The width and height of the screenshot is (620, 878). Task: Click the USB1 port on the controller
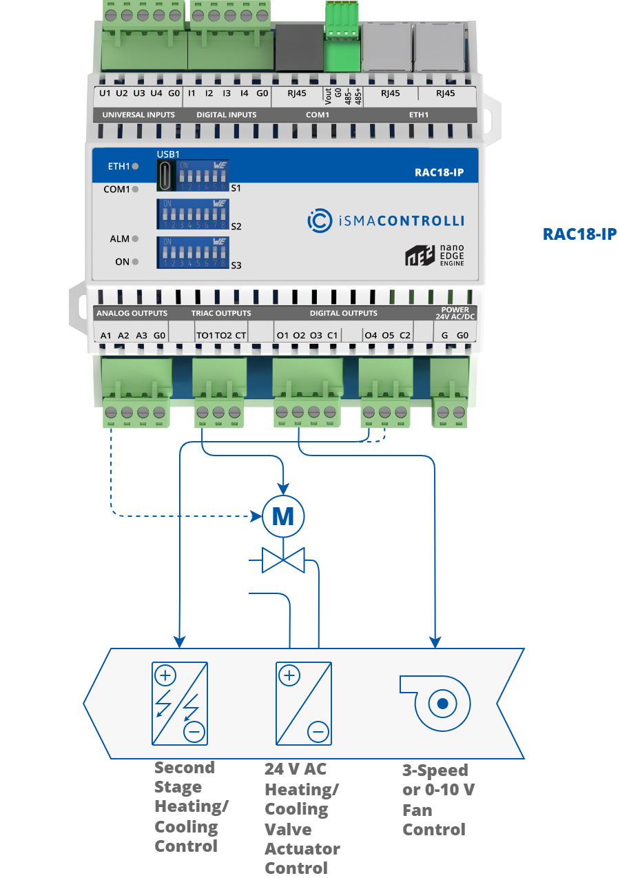coord(166,176)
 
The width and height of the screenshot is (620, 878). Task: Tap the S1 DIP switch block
coord(203,176)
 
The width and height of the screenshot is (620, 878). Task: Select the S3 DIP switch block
coord(193,253)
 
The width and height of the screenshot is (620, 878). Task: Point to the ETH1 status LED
coord(135,167)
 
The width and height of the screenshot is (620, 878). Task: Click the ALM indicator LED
coord(135,239)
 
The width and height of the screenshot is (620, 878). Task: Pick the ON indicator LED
coord(135,262)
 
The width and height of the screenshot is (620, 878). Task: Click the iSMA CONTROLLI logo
coord(385,221)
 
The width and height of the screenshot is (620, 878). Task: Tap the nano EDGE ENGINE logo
coord(435,256)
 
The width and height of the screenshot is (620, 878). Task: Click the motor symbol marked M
coord(283,516)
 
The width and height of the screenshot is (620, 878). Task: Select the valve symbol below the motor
coord(283,559)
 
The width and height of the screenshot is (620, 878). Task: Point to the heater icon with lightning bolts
coord(179,704)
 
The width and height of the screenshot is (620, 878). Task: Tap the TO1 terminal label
coord(205,335)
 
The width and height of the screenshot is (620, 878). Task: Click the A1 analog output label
coord(106,335)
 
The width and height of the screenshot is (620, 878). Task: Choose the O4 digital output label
coord(371,335)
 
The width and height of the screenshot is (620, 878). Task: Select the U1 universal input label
coord(105,92)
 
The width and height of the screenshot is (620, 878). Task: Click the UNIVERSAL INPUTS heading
coord(138,114)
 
